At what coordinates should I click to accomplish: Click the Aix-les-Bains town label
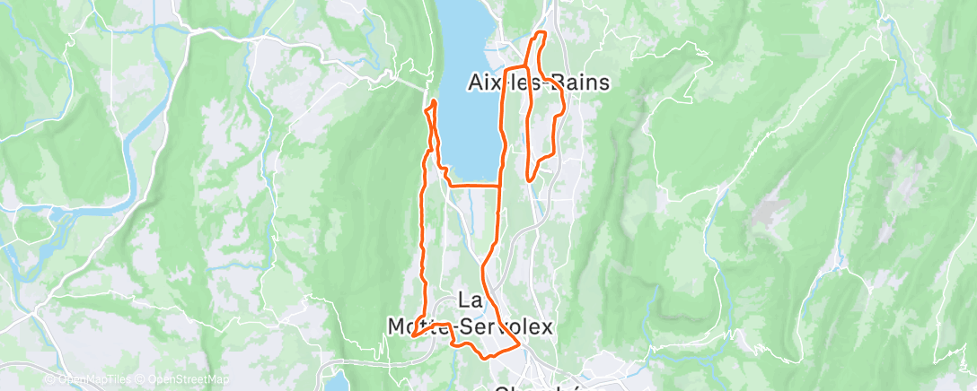coord(539,83)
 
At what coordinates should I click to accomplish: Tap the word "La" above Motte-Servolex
coord(470,299)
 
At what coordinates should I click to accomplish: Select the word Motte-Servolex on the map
coord(470,325)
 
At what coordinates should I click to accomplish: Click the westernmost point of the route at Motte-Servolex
coord(413,336)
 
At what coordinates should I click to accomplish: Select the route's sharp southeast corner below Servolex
coord(520,346)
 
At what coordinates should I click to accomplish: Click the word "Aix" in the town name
coord(486,83)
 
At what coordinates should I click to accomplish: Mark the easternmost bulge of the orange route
coord(563,112)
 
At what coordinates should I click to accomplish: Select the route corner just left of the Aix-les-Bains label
coord(504,69)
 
